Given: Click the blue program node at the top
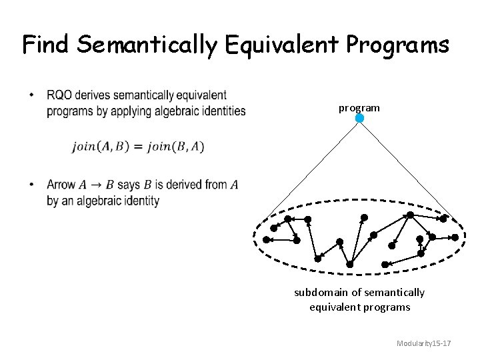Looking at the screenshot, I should (359, 119).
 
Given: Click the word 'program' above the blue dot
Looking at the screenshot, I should (359, 107).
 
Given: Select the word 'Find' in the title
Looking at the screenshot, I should (47, 45).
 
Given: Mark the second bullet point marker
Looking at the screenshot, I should (33, 185).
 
